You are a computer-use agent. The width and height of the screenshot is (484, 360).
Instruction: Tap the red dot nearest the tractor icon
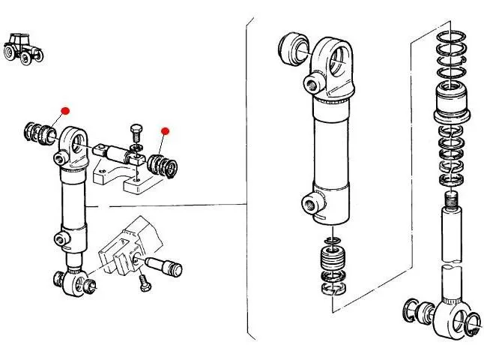coord(65,111)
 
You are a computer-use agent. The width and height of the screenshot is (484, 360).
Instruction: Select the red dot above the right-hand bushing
coord(166,131)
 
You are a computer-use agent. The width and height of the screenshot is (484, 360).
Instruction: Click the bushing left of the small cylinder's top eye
coord(38,133)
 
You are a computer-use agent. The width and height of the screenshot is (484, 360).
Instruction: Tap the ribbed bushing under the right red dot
coord(161,164)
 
